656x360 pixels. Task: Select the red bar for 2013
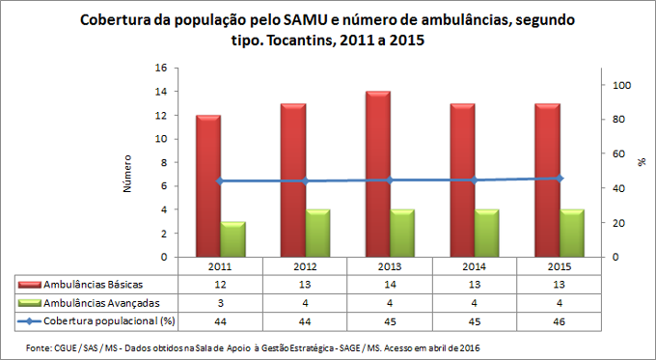coord(377,175)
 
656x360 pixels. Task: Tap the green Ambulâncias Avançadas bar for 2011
coord(232,239)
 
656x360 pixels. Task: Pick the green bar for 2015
coord(572,234)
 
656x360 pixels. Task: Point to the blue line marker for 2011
coord(221,181)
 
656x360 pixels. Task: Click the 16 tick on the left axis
coord(161,68)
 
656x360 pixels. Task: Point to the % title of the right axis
coord(641,162)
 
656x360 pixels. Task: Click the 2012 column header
coord(306,265)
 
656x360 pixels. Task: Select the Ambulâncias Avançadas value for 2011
coord(221,301)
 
